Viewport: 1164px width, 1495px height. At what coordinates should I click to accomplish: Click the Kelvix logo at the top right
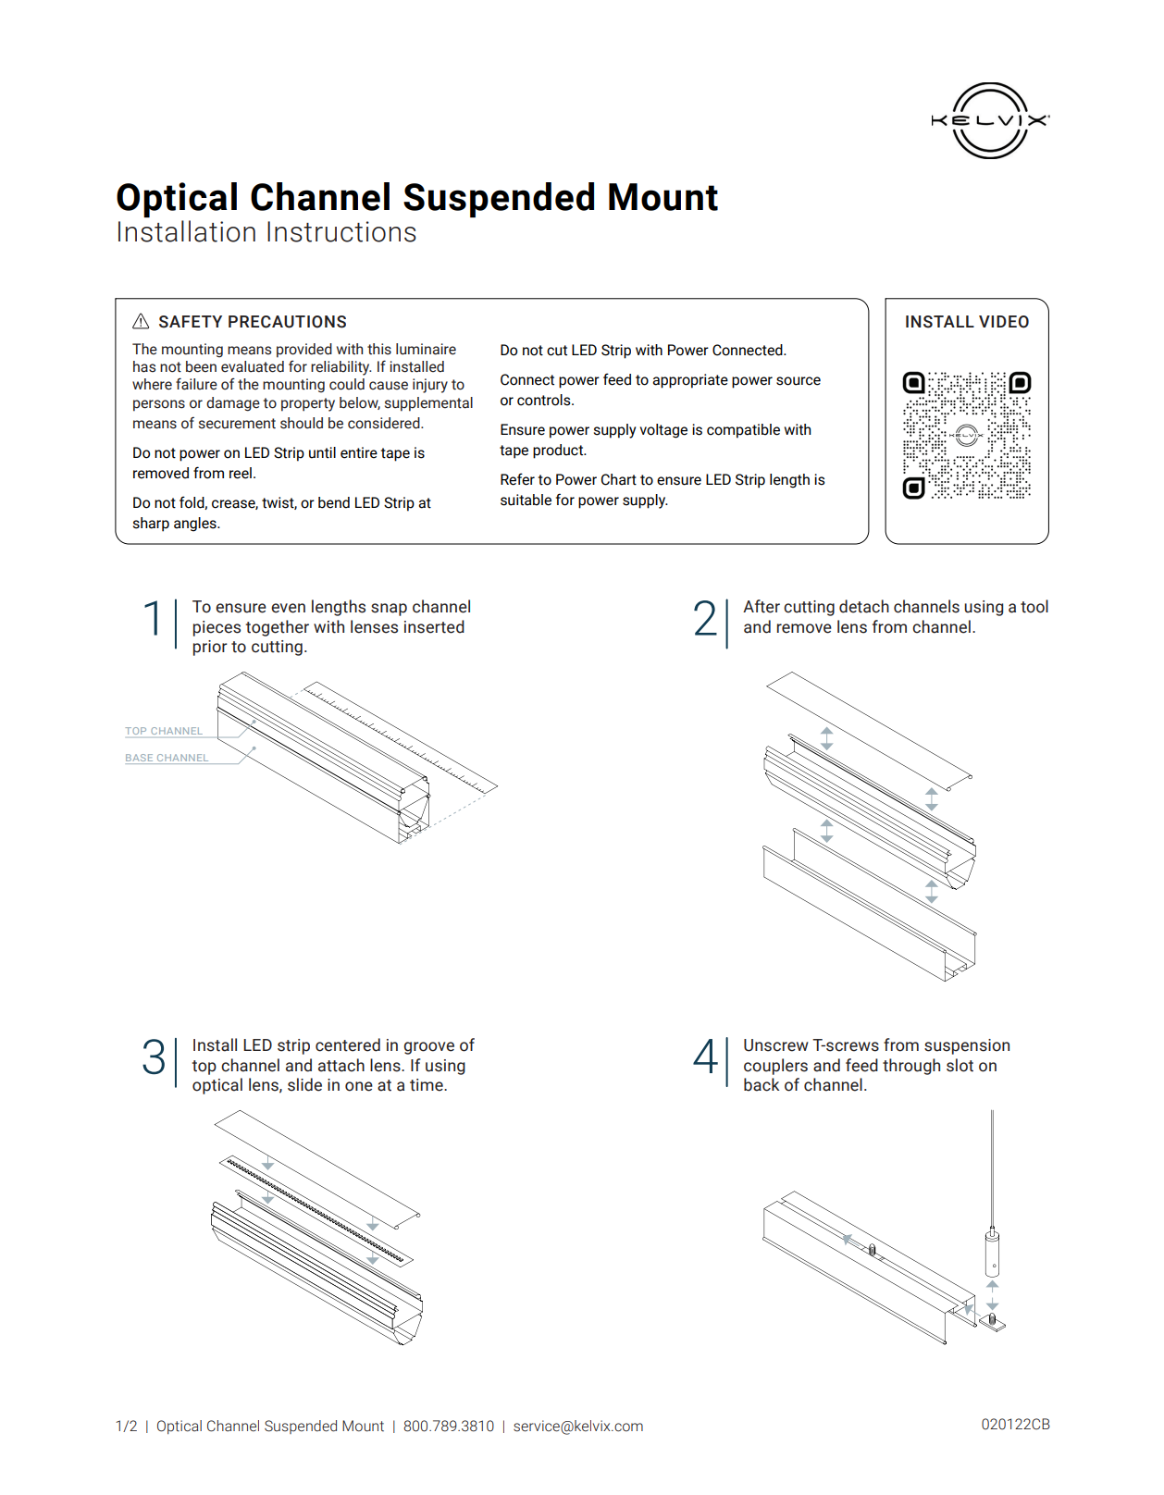tap(990, 120)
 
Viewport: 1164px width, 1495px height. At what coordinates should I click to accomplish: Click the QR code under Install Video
tap(967, 435)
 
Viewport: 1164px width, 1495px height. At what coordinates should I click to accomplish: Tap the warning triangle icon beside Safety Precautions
tap(141, 321)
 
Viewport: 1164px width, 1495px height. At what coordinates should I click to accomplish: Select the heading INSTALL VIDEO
tap(966, 322)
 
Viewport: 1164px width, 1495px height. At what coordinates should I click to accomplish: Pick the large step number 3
tap(154, 1056)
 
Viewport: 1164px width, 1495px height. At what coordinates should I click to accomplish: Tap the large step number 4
tap(704, 1056)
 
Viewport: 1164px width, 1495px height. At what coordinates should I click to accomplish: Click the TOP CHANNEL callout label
tap(164, 731)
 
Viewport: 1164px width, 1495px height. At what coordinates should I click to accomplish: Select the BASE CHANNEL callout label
tap(167, 758)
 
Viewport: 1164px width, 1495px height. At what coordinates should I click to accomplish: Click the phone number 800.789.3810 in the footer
tap(449, 1427)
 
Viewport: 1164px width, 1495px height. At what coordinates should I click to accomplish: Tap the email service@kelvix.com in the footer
tap(578, 1427)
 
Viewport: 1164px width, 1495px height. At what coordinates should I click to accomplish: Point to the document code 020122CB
tap(1015, 1425)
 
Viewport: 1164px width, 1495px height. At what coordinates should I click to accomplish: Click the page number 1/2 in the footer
tap(126, 1427)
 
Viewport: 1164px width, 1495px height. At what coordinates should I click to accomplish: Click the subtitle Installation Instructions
tap(266, 232)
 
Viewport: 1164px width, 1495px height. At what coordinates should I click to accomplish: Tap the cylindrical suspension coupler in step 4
tap(992, 1254)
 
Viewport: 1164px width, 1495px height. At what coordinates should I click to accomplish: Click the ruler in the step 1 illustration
tap(398, 735)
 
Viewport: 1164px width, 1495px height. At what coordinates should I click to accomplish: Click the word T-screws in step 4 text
tap(845, 1045)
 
